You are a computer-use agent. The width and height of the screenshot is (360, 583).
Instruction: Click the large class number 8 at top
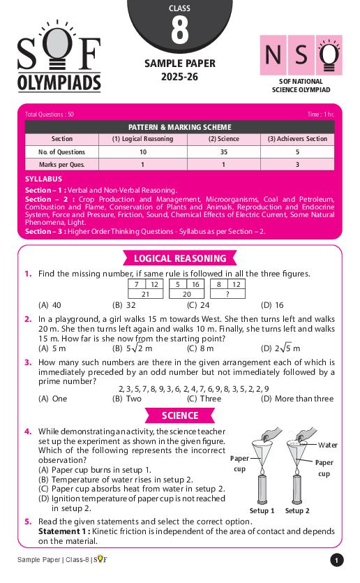179,32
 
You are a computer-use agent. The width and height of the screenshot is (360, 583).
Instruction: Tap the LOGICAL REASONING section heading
179,258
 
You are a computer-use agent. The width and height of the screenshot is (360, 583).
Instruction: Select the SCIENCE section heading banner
179,415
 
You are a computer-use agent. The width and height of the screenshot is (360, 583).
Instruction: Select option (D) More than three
297,399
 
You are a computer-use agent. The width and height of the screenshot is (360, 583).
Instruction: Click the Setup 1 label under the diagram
262,510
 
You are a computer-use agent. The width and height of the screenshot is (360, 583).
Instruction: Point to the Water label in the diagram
327,445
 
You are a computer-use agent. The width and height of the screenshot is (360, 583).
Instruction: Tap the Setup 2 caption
297,510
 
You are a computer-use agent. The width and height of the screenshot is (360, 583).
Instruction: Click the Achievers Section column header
297,139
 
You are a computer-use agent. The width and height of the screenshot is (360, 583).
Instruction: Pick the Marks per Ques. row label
62,165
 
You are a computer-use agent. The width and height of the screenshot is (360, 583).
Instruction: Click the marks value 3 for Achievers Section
297,165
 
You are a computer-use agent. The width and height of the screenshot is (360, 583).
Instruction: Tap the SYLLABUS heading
43,179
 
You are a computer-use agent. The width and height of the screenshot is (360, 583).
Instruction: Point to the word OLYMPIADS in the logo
59,84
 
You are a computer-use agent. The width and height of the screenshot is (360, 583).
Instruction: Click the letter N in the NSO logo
273,54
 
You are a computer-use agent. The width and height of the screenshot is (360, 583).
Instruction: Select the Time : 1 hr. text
320,114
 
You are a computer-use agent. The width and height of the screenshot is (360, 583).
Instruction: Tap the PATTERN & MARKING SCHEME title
179,127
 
